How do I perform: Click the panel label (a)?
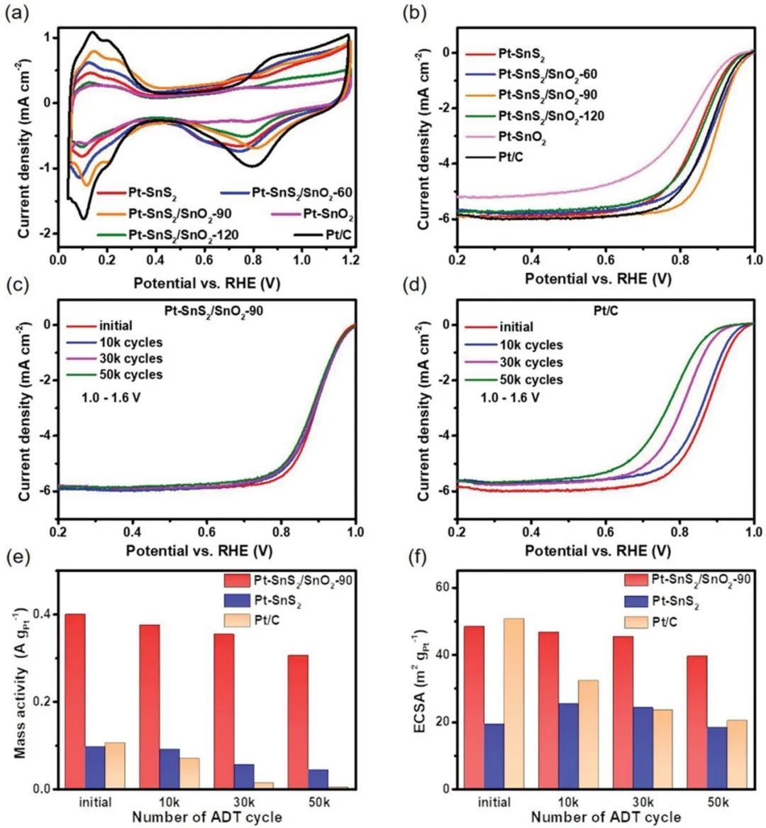tap(16, 12)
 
